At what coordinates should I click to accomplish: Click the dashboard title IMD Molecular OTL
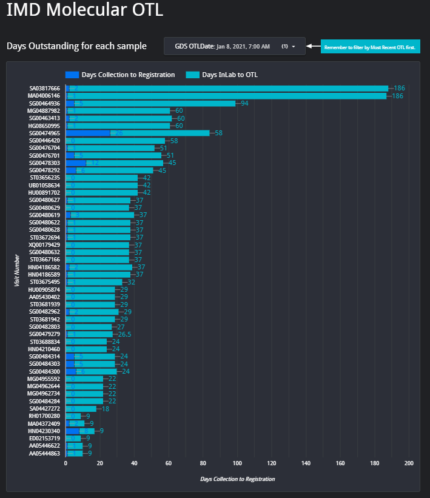[x=84, y=11]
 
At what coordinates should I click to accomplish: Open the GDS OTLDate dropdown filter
[x=234, y=46]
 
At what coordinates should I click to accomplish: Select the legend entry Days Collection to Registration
[x=121, y=75]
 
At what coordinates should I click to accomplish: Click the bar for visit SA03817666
[x=230, y=89]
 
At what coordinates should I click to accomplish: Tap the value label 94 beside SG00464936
[x=244, y=103]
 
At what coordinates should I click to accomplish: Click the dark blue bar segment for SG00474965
[x=88, y=133]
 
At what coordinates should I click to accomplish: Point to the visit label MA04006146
[x=44, y=96]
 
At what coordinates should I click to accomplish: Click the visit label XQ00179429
[x=44, y=244]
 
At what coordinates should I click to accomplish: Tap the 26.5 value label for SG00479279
[x=124, y=334]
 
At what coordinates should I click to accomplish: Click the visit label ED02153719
[x=44, y=438]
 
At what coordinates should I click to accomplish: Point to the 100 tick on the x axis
[x=237, y=463]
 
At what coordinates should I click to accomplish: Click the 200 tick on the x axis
[x=409, y=463]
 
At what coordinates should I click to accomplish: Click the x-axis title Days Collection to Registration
[x=237, y=479]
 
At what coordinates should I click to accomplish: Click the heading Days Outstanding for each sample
[x=76, y=46]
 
